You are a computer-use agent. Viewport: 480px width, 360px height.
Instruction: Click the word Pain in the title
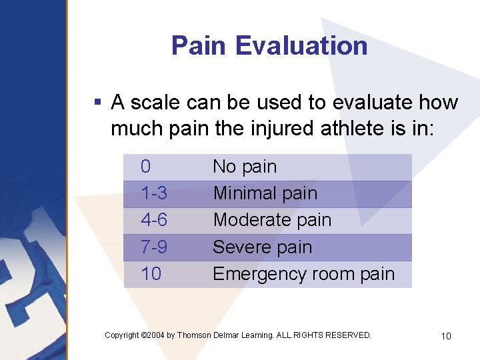point(199,46)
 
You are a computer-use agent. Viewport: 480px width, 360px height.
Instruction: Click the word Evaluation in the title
point(301,46)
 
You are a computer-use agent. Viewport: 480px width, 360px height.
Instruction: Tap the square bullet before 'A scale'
point(97,103)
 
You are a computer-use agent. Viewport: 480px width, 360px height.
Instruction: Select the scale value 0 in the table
point(146,167)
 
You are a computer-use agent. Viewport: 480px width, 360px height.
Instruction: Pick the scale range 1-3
point(154,194)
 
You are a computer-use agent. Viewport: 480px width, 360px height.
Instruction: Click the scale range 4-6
point(154,220)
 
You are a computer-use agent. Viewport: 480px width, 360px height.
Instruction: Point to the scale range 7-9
point(154,247)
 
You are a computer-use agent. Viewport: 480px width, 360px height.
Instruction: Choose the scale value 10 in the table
point(151,274)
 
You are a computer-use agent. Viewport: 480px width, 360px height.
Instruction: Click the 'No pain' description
point(245,167)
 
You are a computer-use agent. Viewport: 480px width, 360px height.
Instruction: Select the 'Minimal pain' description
point(265,194)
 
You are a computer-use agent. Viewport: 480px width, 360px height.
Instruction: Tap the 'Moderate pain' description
point(272,220)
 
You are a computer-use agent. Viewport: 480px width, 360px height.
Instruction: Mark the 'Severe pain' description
point(262,247)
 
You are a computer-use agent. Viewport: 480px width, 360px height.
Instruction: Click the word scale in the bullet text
point(154,103)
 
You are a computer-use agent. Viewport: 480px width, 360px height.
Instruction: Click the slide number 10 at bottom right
point(446,336)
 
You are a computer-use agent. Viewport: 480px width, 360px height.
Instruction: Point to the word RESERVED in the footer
point(349,335)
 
